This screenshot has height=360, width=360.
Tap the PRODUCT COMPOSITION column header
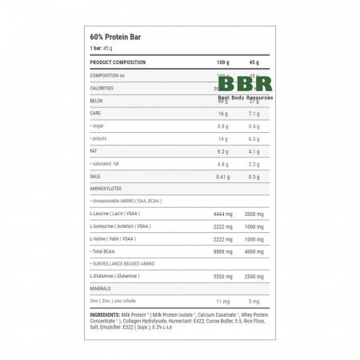pyautogui.click(x=118, y=62)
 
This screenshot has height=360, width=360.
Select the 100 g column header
pyautogui.click(x=222, y=62)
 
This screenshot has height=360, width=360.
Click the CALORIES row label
pyautogui.click(x=102, y=88)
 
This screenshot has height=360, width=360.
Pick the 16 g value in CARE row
pyautogui.click(x=222, y=114)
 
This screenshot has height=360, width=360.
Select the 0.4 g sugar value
pyautogui.click(x=254, y=126)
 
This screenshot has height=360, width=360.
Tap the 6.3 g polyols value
pyautogui.click(x=254, y=138)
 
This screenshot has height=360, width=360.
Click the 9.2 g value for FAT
pyautogui.click(x=222, y=150)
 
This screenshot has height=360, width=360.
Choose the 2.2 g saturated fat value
pyautogui.click(x=254, y=163)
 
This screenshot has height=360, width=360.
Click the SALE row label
pyautogui.click(x=95, y=176)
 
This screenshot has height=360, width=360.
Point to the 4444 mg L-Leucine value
pyautogui.click(x=222, y=214)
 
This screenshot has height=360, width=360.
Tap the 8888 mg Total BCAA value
pyautogui.click(x=222, y=251)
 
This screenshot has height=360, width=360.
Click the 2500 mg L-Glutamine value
pyautogui.click(x=254, y=276)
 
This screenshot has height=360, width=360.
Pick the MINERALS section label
pyautogui.click(x=101, y=288)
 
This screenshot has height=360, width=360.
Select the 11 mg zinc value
pyautogui.click(x=222, y=301)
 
